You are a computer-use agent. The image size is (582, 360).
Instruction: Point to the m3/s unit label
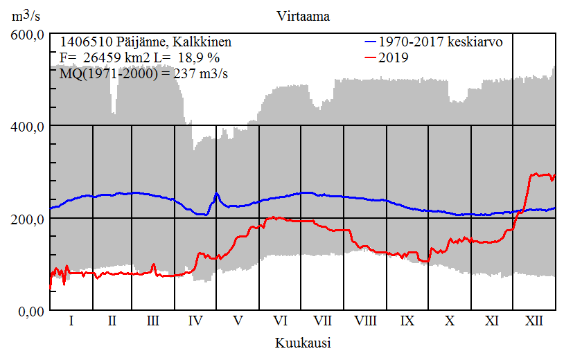click(x=26, y=15)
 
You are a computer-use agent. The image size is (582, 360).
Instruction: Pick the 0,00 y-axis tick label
click(x=30, y=311)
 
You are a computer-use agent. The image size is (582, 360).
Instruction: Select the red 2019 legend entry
click(x=394, y=58)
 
